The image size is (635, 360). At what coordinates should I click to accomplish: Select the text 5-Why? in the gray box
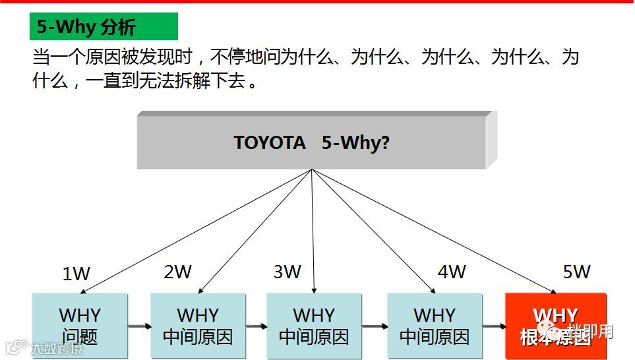[355, 142]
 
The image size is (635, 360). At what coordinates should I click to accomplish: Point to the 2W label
[177, 272]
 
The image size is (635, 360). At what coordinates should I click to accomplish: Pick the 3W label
[287, 272]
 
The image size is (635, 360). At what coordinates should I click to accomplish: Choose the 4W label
[452, 272]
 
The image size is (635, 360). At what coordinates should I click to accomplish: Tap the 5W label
[576, 272]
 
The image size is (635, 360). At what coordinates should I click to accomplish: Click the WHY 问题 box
[79, 326]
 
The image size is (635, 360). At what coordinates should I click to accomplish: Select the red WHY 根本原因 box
[555, 326]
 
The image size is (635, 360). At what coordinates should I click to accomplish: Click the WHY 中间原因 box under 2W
[198, 326]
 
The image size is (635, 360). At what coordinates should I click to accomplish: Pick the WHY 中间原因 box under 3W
[314, 326]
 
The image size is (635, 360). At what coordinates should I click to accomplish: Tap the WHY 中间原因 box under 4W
[434, 326]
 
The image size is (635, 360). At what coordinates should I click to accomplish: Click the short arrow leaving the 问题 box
[139, 326]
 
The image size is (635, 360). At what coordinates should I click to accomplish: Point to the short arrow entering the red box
[493, 326]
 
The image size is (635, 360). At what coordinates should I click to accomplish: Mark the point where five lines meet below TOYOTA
[313, 169]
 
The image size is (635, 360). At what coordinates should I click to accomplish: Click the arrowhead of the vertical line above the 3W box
[314, 289]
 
